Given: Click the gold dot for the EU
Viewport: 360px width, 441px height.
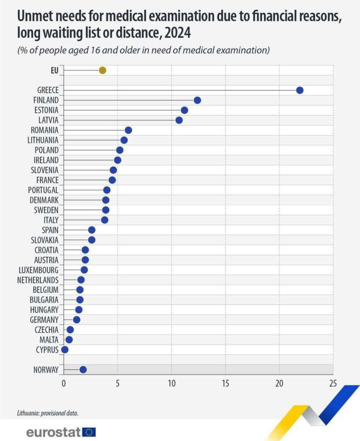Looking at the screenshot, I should [x=102, y=70].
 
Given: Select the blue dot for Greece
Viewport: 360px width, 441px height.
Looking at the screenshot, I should [x=300, y=90].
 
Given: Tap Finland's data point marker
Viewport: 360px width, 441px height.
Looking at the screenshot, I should [x=197, y=100].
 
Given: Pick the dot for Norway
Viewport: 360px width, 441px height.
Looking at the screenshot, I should [x=83, y=369].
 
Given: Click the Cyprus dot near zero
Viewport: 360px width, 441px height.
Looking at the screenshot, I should [x=64, y=350].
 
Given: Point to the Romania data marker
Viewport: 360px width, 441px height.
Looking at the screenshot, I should [x=128, y=130].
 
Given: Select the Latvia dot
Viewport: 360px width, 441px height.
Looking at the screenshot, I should [x=179, y=120].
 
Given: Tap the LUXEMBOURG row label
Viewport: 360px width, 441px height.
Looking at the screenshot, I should [x=38, y=270].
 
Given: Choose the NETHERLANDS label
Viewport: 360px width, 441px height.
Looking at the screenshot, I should [x=38, y=280].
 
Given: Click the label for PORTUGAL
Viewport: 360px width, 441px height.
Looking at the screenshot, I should [x=43, y=190].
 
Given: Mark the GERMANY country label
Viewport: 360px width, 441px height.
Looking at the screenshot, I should [x=44, y=320].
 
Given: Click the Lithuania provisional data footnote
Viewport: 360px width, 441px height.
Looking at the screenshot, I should [x=48, y=413].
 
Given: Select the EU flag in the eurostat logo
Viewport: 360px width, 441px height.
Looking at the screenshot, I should [x=90, y=432].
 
